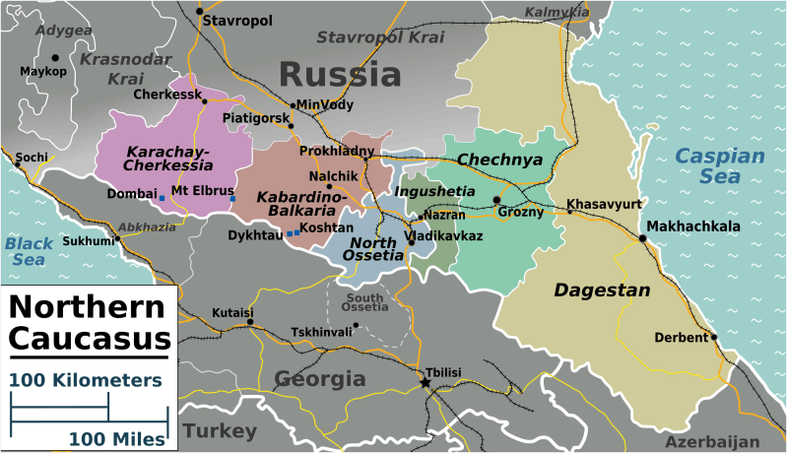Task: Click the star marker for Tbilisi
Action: click(x=426, y=382)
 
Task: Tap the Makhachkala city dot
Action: click(x=641, y=238)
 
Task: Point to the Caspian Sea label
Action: click(x=720, y=165)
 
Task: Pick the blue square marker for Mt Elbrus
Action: click(x=232, y=200)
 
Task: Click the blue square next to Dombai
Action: click(x=162, y=199)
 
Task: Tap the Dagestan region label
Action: click(x=601, y=291)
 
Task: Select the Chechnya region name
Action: click(x=500, y=160)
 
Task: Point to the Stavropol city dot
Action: click(x=199, y=12)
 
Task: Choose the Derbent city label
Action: click(x=681, y=338)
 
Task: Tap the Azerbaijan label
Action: click(x=712, y=442)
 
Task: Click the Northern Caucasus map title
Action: click(x=89, y=323)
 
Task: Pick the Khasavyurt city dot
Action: click(x=568, y=211)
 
